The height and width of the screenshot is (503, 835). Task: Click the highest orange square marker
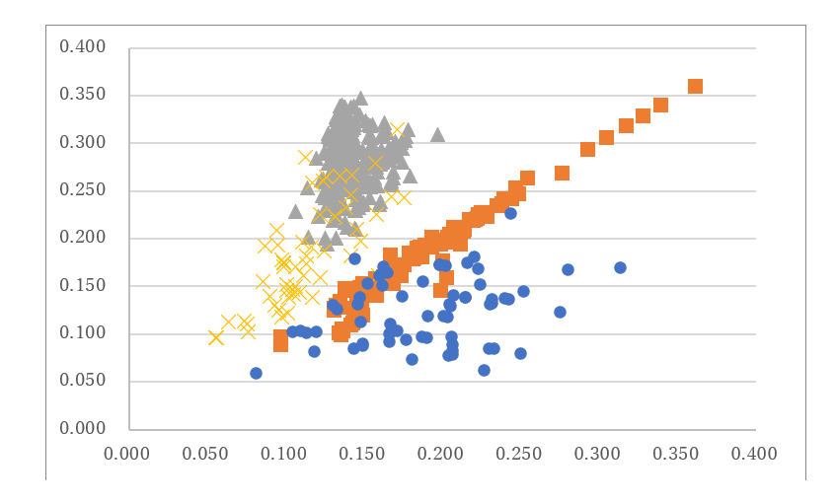(x=695, y=87)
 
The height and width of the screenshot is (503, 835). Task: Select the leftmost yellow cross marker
(x=216, y=337)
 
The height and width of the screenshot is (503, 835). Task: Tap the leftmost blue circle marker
(x=256, y=373)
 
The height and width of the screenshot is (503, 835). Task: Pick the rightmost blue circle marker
(x=620, y=267)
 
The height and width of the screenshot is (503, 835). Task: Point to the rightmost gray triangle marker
(x=437, y=134)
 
